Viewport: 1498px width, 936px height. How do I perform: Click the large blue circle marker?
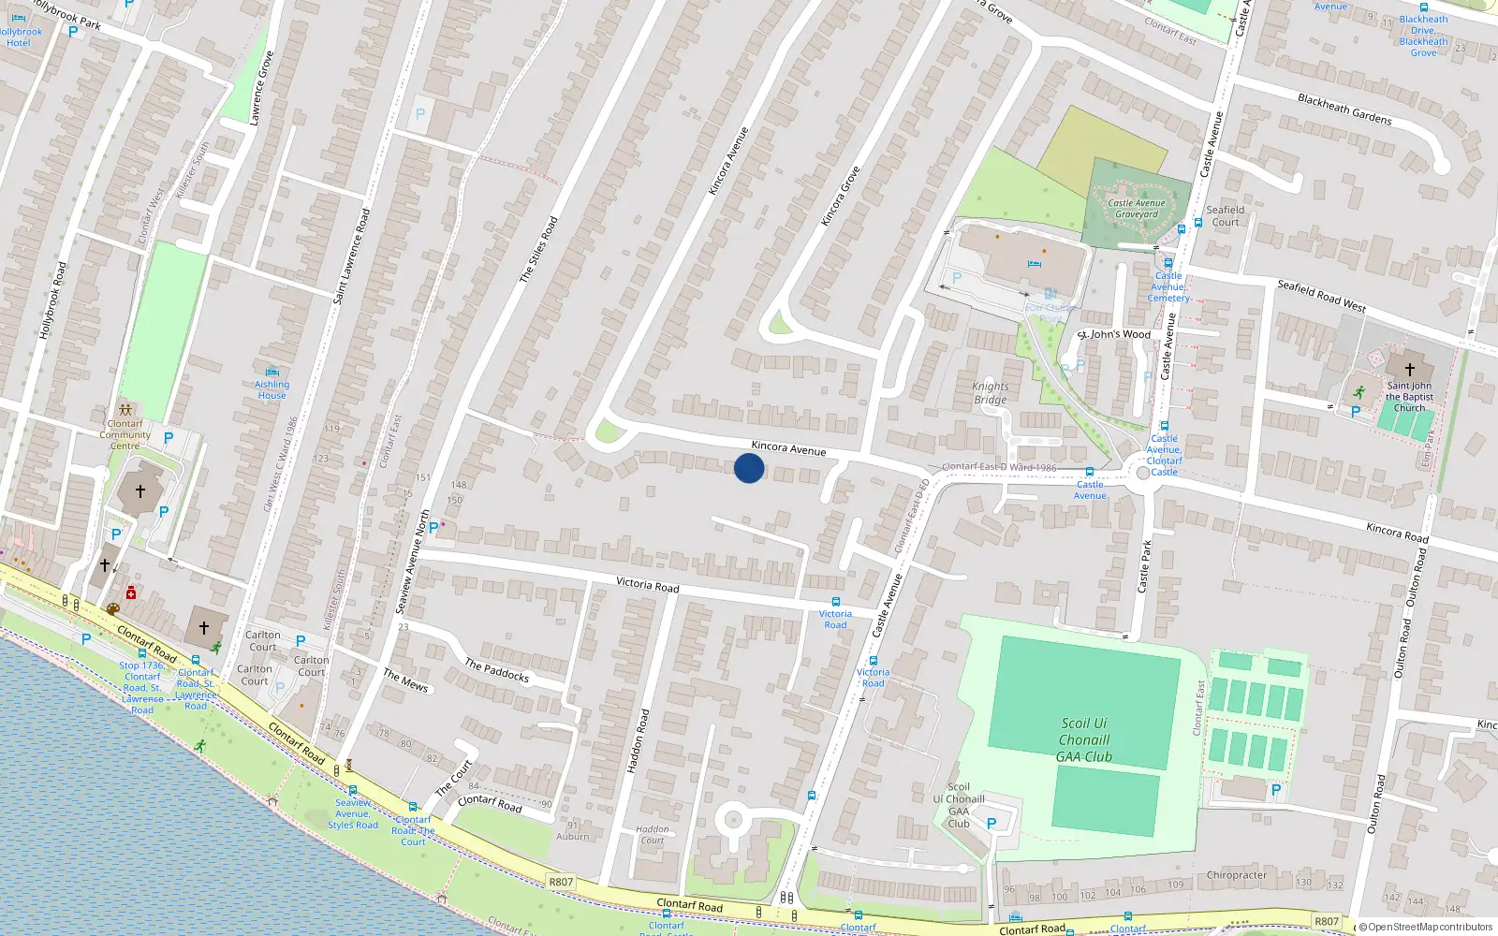click(x=749, y=468)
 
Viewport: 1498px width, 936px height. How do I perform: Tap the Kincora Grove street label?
click(x=840, y=197)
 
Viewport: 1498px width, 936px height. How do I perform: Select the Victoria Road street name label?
click(x=647, y=584)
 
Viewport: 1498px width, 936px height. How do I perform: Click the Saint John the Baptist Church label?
click(x=1409, y=397)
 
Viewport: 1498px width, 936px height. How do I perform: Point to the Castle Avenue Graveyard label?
click(x=1137, y=209)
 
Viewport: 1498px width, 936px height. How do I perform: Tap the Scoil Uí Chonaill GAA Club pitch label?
click(x=1084, y=739)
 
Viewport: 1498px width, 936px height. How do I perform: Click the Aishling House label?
click(x=272, y=389)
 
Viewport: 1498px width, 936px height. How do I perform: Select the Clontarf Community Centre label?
click(x=125, y=434)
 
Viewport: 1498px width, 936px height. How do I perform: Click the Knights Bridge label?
click(x=991, y=393)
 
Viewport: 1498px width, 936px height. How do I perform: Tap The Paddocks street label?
click(x=496, y=670)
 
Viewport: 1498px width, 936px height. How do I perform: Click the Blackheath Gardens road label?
click(x=1344, y=110)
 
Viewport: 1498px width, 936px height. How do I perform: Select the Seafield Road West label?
click(x=1321, y=296)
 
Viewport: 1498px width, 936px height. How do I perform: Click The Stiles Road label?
click(x=538, y=250)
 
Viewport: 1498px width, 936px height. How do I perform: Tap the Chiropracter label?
click(x=1237, y=875)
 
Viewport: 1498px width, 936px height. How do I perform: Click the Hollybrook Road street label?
click(x=52, y=300)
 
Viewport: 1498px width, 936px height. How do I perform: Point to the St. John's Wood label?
click(x=1114, y=334)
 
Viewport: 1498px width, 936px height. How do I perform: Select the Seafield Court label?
click(x=1225, y=215)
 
